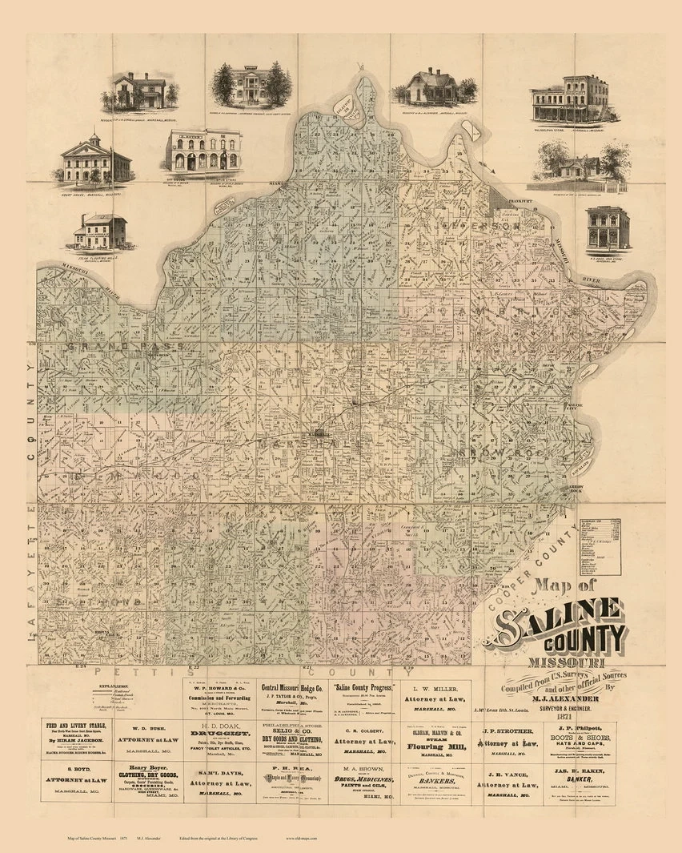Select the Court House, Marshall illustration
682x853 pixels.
(92, 161)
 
